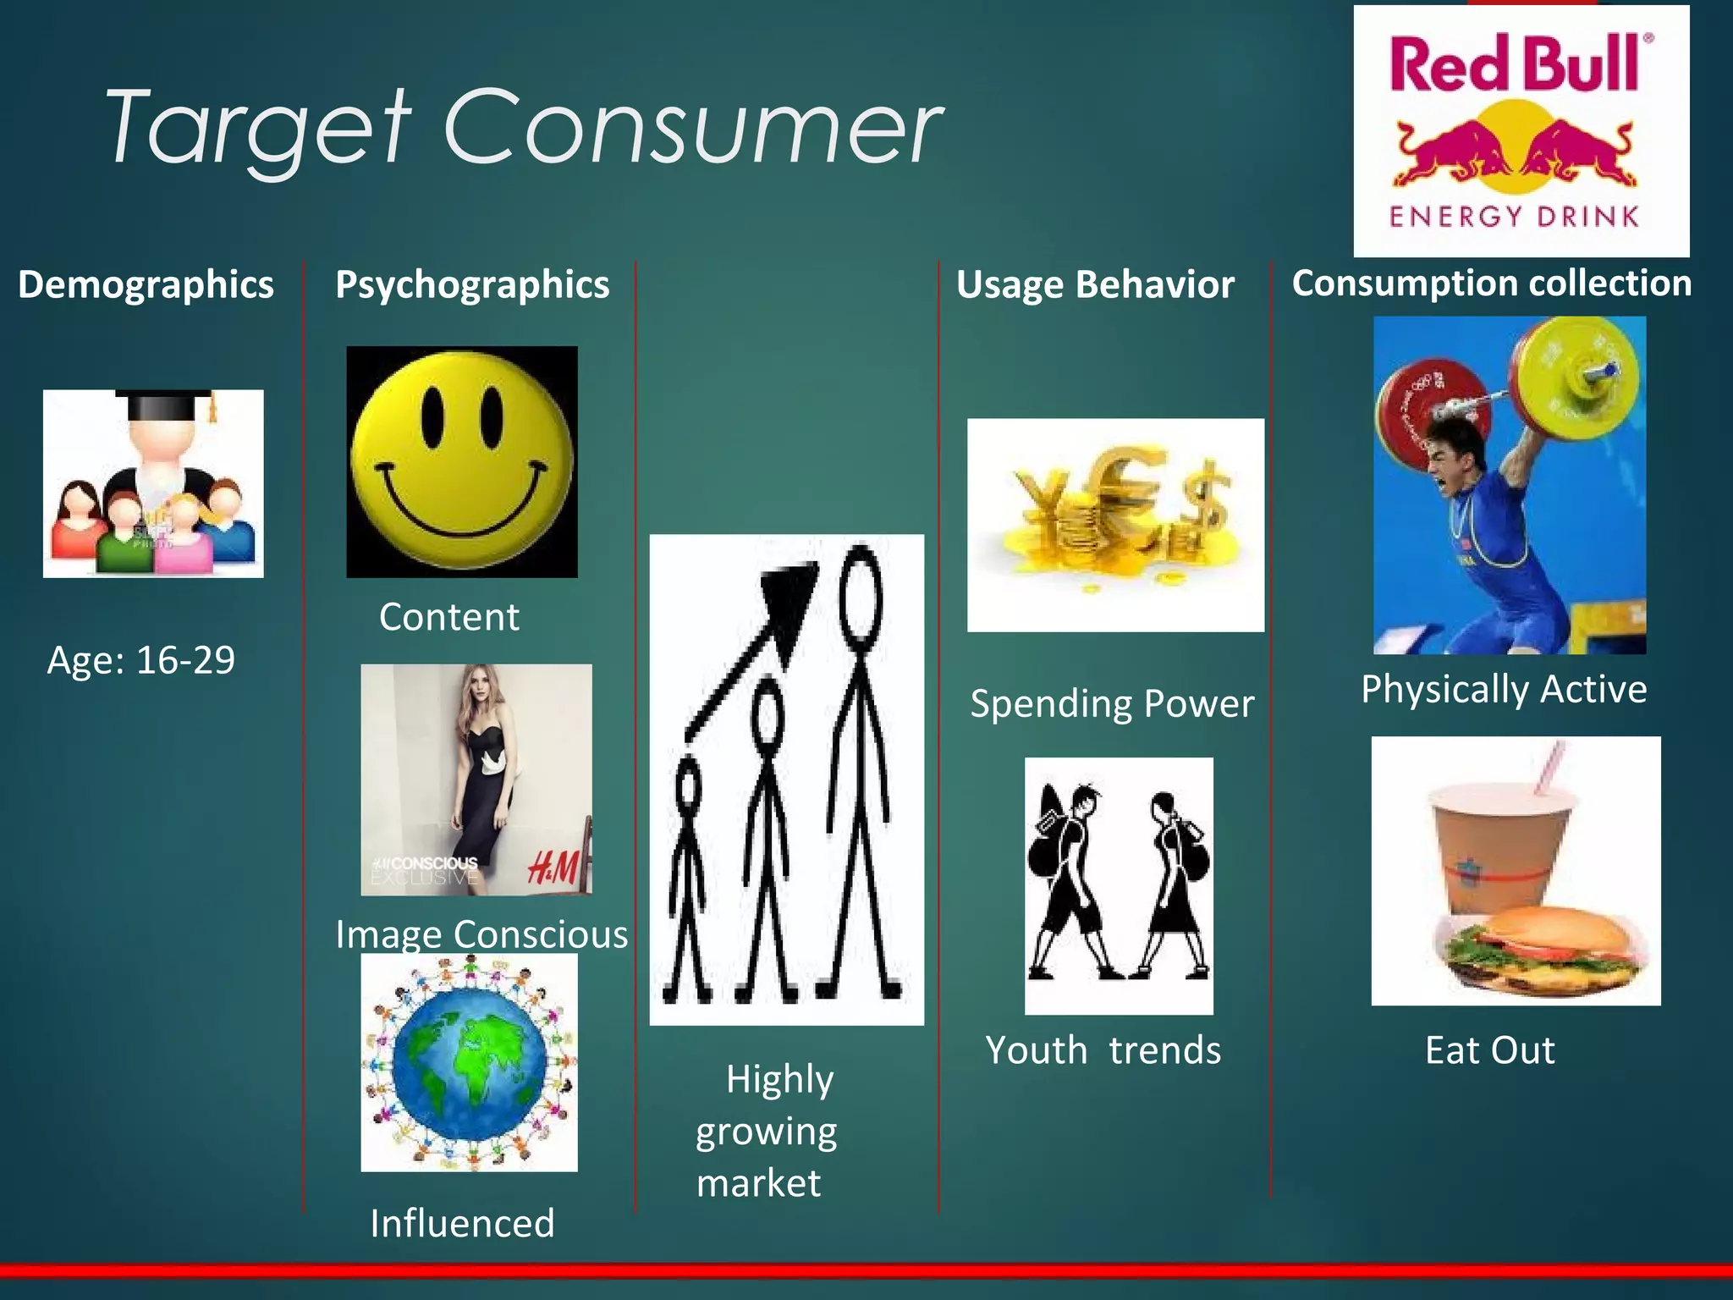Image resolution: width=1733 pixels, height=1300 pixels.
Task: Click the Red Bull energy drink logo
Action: [x=1521, y=131]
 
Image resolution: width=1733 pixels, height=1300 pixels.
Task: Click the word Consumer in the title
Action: [x=691, y=129]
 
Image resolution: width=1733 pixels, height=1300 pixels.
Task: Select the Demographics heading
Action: [x=146, y=284]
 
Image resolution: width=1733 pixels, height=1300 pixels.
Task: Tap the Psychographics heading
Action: [x=472, y=284]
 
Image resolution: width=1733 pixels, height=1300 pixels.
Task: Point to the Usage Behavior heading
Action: [x=1095, y=284]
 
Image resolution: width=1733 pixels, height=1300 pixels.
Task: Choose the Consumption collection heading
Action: [x=1492, y=283]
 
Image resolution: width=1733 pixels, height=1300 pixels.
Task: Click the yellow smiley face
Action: [x=462, y=462]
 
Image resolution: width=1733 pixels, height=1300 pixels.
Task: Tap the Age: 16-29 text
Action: [x=140, y=660]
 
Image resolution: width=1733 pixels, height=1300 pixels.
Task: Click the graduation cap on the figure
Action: [x=165, y=405]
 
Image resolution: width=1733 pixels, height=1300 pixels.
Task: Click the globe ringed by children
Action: [x=470, y=1063]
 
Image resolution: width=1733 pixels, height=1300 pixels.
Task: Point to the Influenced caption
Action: [x=462, y=1223]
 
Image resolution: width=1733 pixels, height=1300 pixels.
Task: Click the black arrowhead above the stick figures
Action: [x=789, y=597]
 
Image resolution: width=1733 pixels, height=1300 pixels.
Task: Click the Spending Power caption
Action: [x=1112, y=703]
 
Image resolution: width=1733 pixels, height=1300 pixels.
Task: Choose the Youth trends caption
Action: [x=1103, y=1050]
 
